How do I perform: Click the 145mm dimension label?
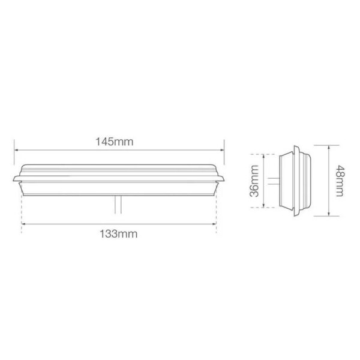pyautogui.click(x=115, y=142)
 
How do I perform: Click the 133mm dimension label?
pyautogui.click(x=118, y=234)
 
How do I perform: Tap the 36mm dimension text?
pyautogui.click(x=254, y=181)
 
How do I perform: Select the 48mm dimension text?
pyautogui.click(x=340, y=181)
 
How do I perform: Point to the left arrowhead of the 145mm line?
pyautogui.click(x=16, y=150)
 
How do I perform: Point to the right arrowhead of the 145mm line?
pyautogui.click(x=222, y=150)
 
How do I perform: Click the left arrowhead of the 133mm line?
pyautogui.click(x=23, y=224)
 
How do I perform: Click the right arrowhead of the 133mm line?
pyautogui.click(x=214, y=224)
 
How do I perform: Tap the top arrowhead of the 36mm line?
pyautogui.click(x=264, y=156)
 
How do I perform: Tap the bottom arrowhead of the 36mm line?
pyautogui.click(x=264, y=205)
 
